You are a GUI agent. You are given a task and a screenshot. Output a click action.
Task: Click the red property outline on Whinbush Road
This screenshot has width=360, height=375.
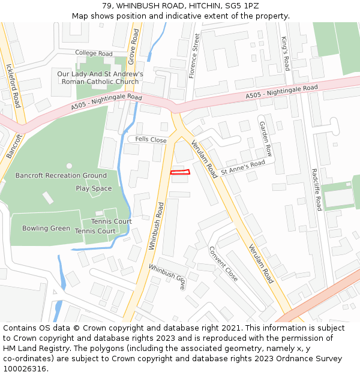click(x=180, y=172)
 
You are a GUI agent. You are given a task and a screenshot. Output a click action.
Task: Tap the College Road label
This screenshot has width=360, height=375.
click(x=94, y=53)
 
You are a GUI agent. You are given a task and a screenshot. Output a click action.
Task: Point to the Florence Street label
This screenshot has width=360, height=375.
click(x=193, y=56)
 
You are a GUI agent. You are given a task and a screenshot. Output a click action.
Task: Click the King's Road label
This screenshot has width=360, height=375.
click(x=286, y=53)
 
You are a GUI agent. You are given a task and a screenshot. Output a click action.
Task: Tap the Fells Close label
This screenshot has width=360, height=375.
click(x=151, y=140)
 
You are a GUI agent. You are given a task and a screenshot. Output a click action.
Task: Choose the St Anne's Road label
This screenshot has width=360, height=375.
click(x=243, y=167)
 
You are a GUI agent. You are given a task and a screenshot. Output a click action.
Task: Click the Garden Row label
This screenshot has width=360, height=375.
click(x=265, y=139)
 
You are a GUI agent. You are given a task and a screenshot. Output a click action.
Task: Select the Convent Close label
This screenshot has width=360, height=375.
click(x=223, y=263)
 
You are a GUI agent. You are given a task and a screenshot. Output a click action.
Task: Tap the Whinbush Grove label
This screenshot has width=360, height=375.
click(x=167, y=277)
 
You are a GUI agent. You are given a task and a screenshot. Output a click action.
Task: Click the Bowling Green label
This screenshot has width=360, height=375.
click(x=46, y=228)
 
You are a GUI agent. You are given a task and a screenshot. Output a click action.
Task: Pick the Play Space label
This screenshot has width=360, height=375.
click(x=94, y=188)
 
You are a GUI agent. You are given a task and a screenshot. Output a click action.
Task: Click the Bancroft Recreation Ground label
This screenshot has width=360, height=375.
click(x=61, y=176)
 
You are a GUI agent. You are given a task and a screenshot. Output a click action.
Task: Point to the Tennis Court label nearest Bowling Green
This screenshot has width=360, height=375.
click(x=95, y=231)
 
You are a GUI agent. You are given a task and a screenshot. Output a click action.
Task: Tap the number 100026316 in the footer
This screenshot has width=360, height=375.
click(x=25, y=368)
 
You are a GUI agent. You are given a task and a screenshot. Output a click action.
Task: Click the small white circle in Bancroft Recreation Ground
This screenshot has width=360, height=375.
click(x=69, y=166)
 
